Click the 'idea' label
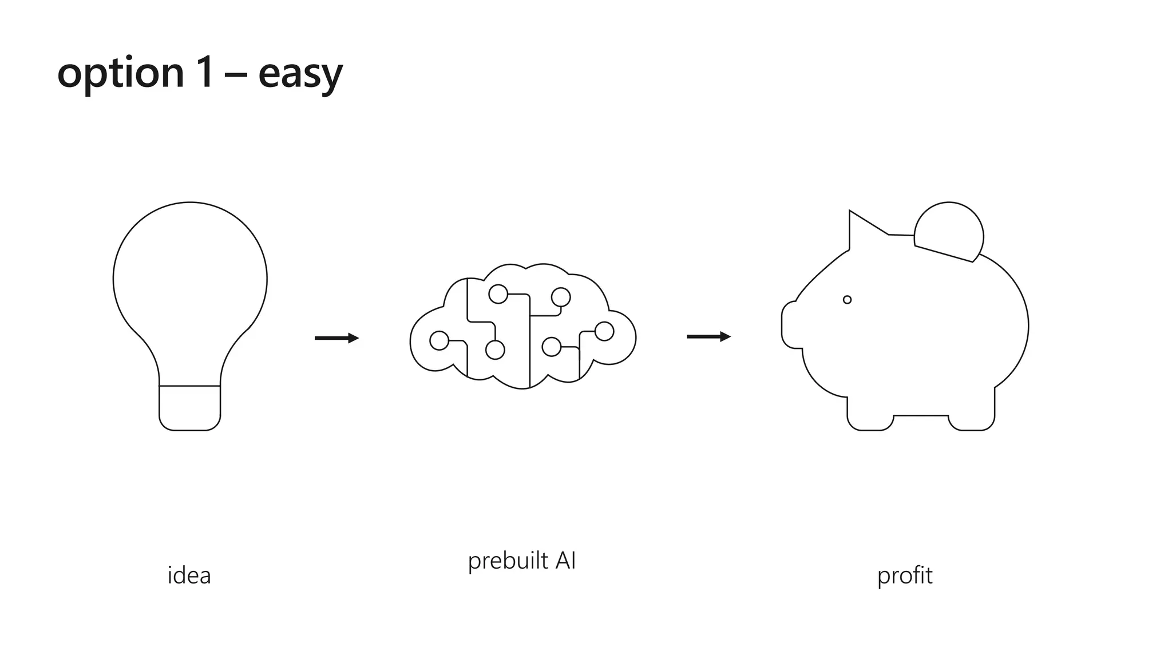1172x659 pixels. (x=189, y=575)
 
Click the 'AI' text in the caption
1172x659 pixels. (x=565, y=560)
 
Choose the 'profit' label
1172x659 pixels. (x=904, y=575)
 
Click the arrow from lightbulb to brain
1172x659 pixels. (x=336, y=338)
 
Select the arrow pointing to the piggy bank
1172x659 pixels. (x=708, y=337)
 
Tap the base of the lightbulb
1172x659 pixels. (x=189, y=408)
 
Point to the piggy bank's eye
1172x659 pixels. (x=847, y=300)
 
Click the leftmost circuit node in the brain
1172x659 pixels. (x=439, y=340)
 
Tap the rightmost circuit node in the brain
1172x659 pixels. (x=604, y=331)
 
